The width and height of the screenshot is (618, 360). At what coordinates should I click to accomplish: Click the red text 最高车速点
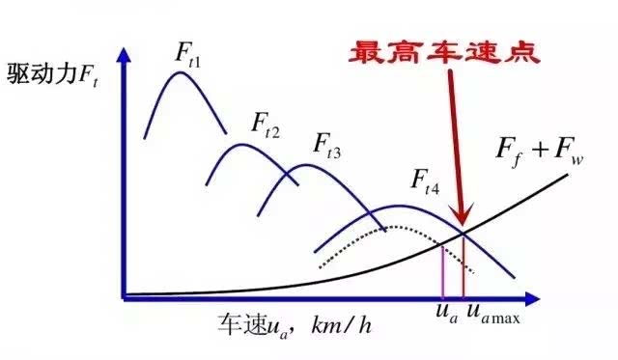click(x=445, y=49)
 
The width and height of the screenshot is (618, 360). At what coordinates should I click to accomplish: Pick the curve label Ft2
click(x=267, y=124)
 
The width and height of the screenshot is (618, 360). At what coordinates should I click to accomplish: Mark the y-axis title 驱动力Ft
click(x=49, y=71)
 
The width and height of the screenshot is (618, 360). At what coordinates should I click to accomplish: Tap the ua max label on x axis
click(x=492, y=315)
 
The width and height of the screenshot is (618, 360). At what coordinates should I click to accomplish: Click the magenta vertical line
click(x=442, y=269)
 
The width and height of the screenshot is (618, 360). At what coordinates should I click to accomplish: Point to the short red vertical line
click(x=463, y=264)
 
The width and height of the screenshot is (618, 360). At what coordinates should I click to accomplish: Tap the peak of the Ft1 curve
click(x=180, y=71)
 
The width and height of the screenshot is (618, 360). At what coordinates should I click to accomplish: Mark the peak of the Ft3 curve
click(x=305, y=165)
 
